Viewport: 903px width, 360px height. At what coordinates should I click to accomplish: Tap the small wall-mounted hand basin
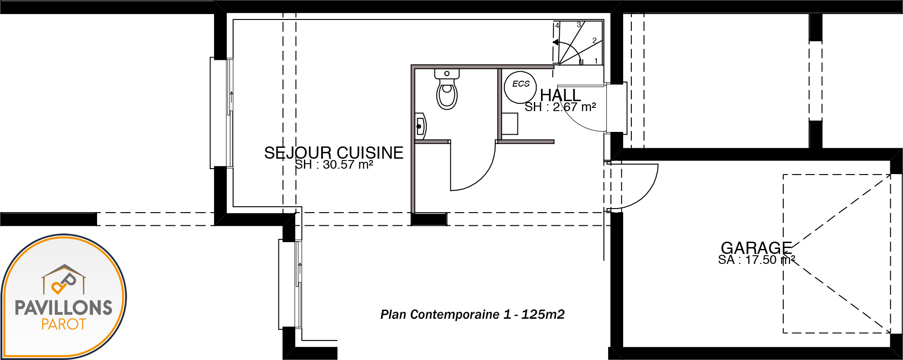tap(421, 126)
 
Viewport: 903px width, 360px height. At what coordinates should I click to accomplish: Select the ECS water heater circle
tap(520, 87)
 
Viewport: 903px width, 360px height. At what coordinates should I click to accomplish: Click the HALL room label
tap(560, 95)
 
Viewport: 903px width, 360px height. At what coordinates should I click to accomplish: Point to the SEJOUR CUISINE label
tap(334, 153)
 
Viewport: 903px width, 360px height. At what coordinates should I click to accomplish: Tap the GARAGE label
tap(756, 248)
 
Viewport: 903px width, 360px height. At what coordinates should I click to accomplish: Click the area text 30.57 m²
tap(348, 165)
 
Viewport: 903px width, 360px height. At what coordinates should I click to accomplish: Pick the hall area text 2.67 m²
tap(574, 107)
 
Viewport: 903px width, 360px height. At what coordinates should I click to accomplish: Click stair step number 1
tap(596, 61)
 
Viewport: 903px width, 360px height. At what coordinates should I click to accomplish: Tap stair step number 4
tap(557, 26)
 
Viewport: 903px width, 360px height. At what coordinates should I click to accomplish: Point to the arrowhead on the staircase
tap(556, 43)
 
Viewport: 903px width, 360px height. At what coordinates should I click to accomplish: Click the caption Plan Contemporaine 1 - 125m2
tap(473, 314)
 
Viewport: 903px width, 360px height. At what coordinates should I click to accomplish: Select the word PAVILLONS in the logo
tap(63, 308)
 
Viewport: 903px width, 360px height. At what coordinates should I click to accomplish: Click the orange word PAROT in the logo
tap(63, 324)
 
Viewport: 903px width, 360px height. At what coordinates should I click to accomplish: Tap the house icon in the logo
tap(64, 279)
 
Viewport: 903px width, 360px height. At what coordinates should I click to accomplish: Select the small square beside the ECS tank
tap(510, 124)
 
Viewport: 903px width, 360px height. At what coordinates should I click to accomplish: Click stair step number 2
tap(594, 40)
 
